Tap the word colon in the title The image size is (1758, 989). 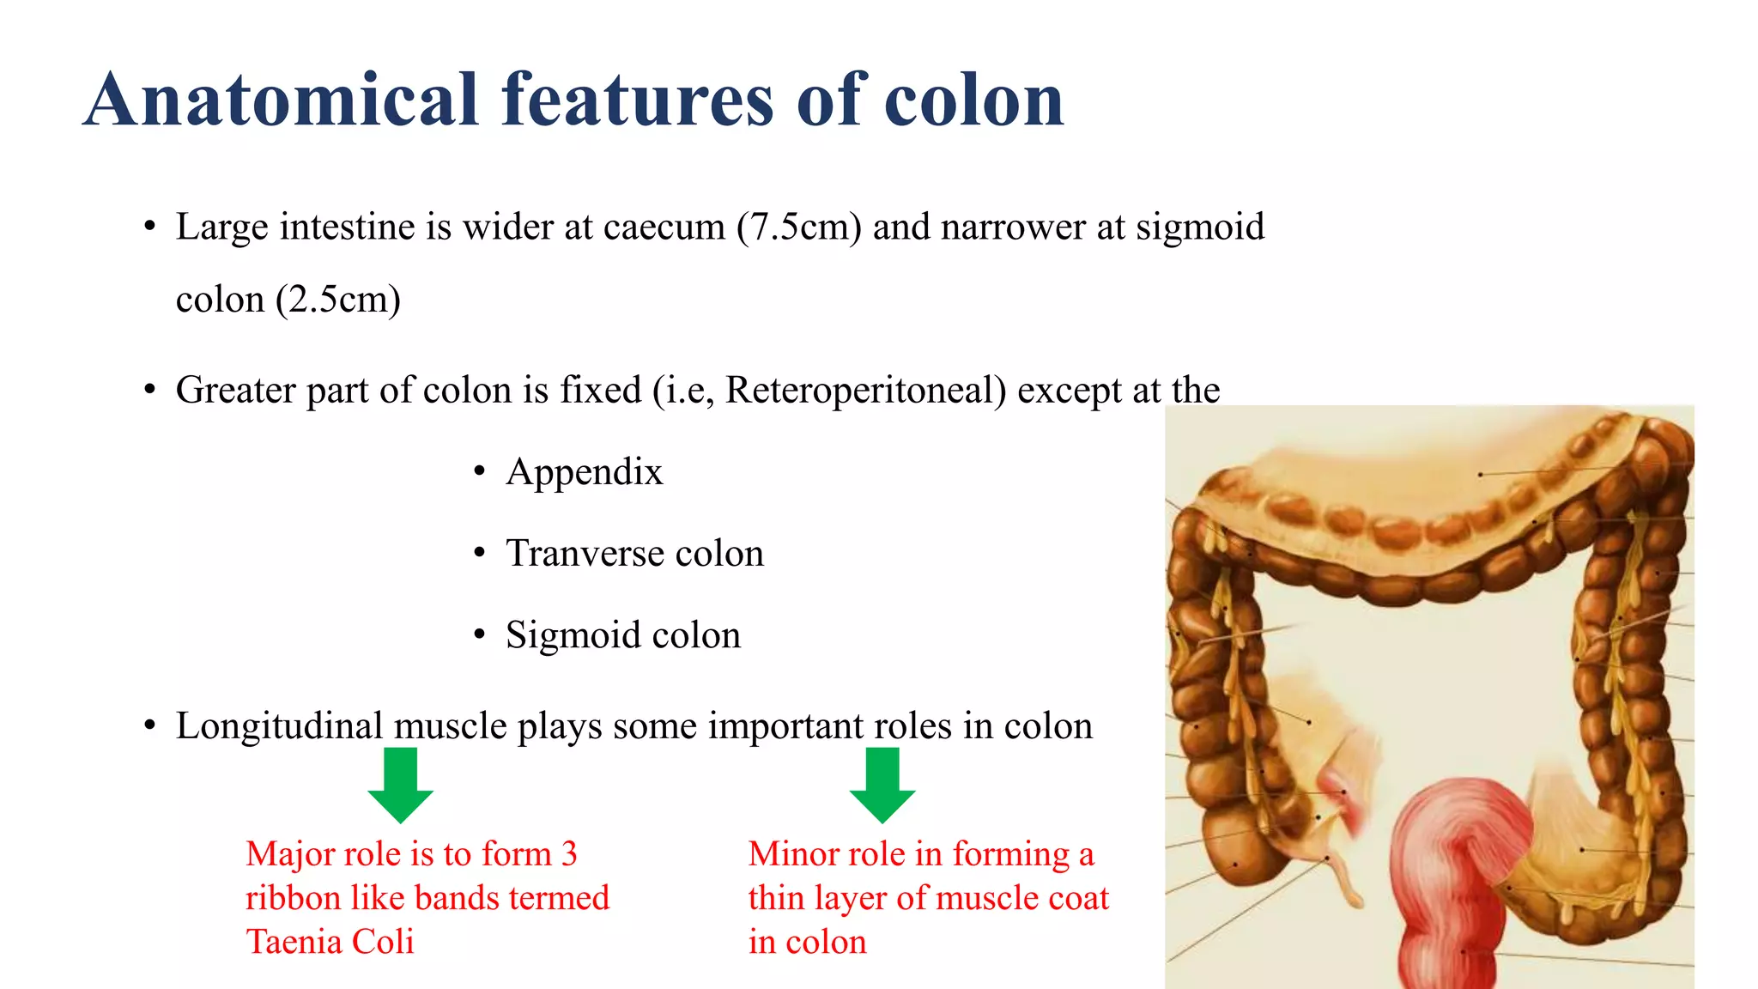[x=973, y=100]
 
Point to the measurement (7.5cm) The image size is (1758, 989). [x=798, y=228]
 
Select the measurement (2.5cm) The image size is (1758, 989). [x=338, y=300]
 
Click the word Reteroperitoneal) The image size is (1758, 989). [x=865, y=391]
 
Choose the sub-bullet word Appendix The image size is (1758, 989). [x=585, y=472]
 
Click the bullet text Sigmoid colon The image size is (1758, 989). [x=623, y=635]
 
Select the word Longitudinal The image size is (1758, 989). [x=279, y=726]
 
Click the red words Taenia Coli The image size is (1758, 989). [x=330, y=942]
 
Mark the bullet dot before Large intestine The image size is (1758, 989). [x=150, y=228]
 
